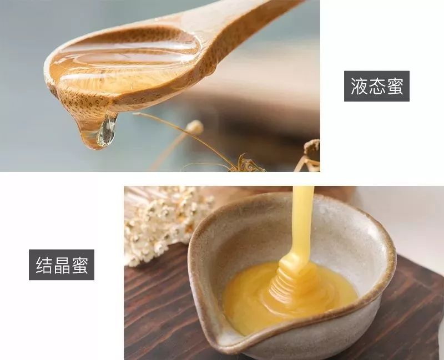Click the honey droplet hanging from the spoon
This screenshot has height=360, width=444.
click(x=106, y=131)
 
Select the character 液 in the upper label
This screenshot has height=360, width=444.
click(x=359, y=87)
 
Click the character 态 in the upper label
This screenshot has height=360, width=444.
click(x=377, y=87)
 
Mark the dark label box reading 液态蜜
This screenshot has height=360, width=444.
click(x=377, y=87)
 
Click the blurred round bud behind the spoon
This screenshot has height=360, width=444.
click(x=194, y=127)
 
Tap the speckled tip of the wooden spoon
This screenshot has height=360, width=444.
click(x=61, y=94)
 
